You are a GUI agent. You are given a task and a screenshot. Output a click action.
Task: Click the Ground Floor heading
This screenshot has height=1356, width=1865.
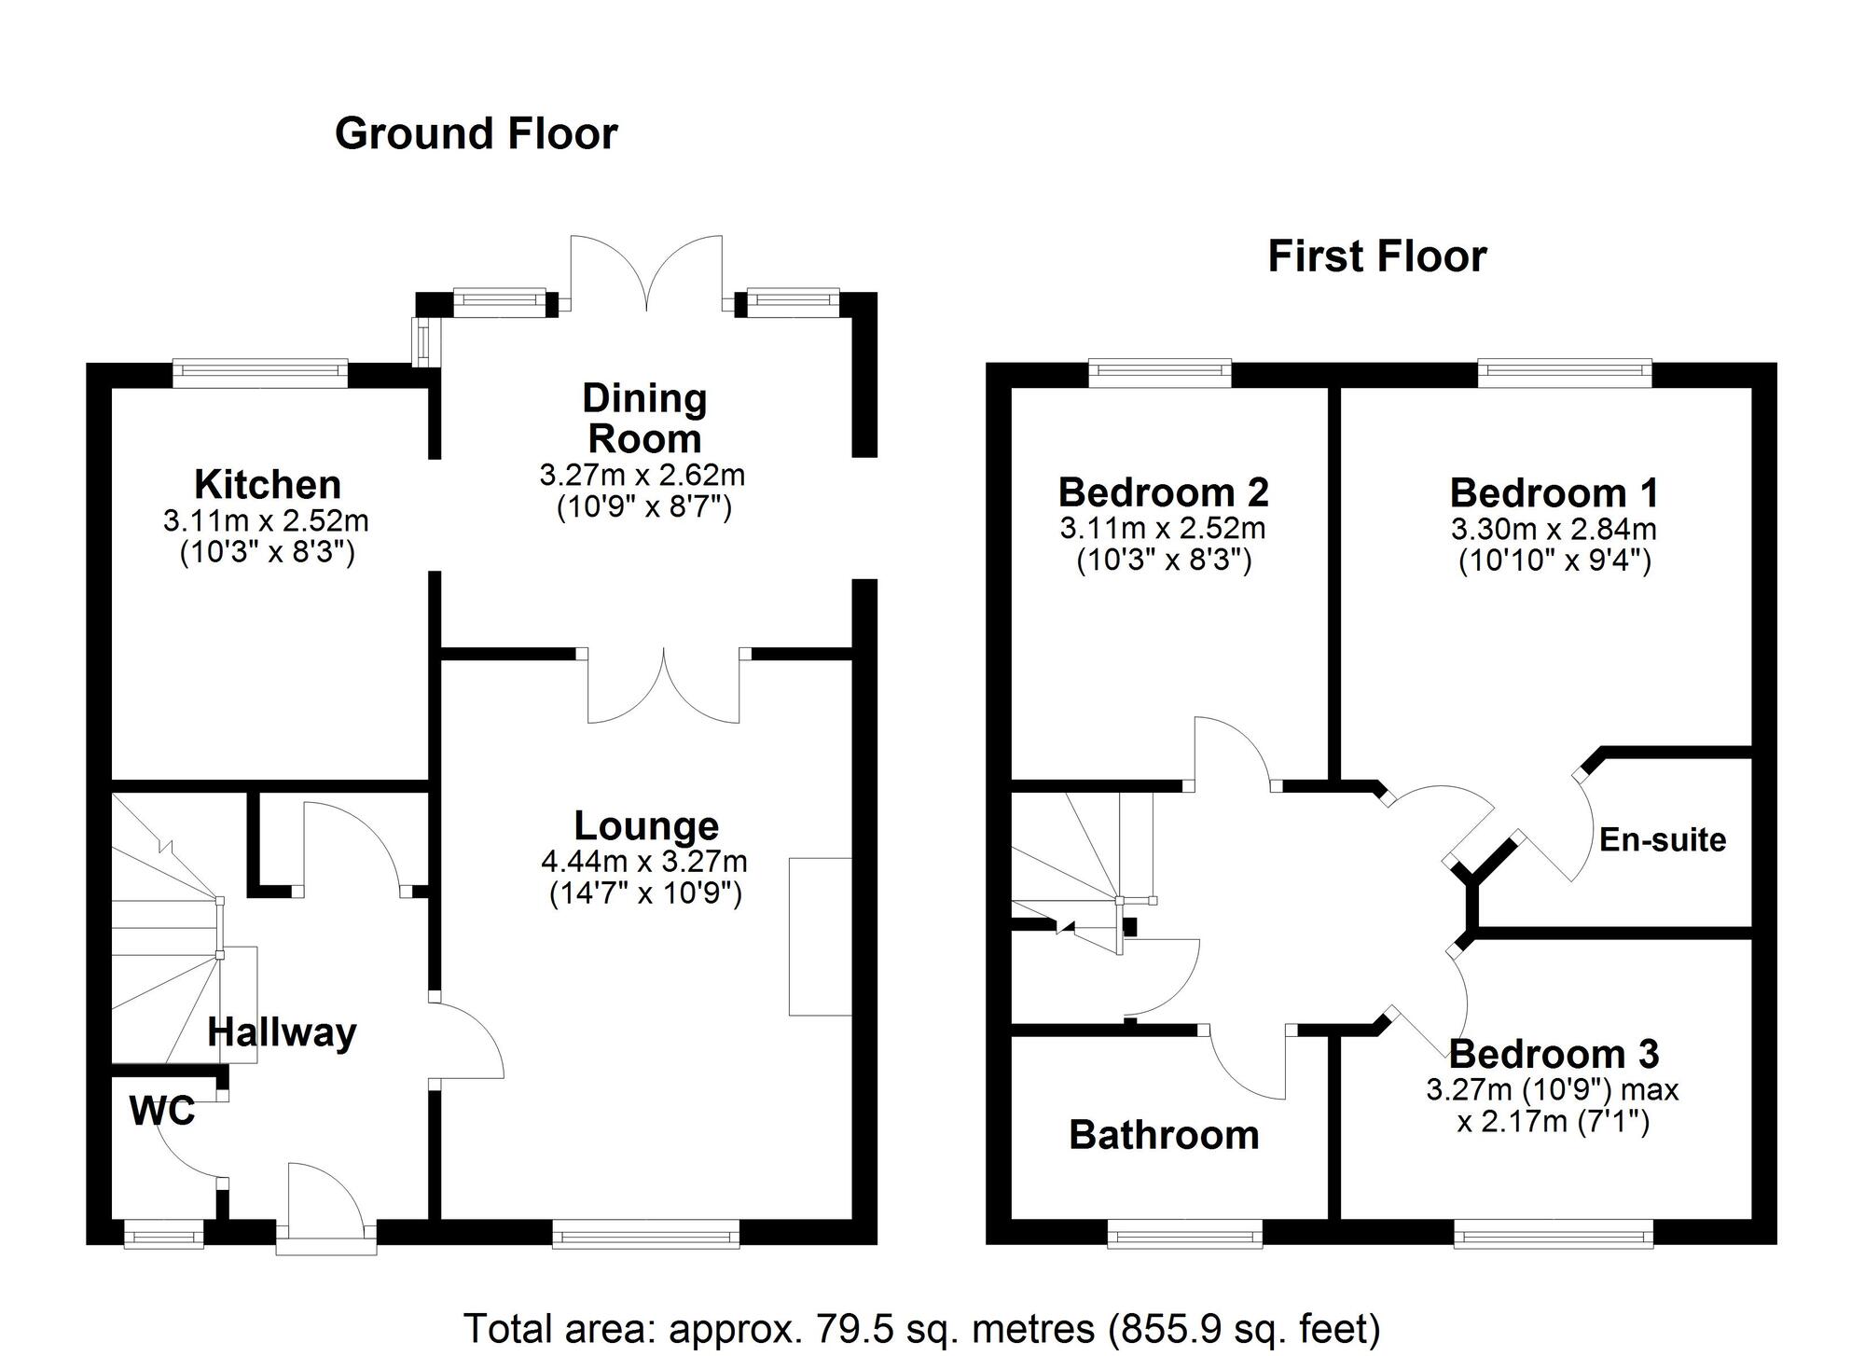476,133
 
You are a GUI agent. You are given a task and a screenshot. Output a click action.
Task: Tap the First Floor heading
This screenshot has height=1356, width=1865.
1376,256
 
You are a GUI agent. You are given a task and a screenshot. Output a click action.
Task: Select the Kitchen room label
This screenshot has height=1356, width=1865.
268,485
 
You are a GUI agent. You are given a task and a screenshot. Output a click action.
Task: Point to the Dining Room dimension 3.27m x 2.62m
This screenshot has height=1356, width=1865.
642,476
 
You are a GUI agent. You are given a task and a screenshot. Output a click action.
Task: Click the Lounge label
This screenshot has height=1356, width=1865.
646,826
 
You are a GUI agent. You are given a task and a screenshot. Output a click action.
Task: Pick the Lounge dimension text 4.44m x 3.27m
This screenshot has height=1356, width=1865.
644,862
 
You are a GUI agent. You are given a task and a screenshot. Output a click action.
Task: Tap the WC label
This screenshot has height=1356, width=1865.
162,1111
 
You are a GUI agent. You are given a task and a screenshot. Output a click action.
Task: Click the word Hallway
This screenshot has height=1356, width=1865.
282,1033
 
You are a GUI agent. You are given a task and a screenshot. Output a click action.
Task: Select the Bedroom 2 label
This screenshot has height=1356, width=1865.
1164,491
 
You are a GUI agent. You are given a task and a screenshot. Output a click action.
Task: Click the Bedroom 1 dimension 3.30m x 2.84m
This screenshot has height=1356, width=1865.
1554,530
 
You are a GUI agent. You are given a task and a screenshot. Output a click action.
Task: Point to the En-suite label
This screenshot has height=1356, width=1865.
1663,840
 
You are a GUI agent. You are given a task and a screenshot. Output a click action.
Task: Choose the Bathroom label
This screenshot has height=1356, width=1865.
1164,1135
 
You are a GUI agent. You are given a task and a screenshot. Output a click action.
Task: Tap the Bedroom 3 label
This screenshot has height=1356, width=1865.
1554,1054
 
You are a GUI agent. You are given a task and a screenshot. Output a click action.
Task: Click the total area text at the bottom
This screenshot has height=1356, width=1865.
921,1328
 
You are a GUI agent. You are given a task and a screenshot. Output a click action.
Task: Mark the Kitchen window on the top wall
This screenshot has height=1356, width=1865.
260,374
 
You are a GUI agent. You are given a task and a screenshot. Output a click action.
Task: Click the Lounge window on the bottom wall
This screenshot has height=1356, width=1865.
646,1233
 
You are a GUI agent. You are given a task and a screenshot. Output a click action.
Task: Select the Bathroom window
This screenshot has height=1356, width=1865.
1185,1233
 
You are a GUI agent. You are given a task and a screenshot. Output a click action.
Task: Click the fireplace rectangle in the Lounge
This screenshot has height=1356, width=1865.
821,936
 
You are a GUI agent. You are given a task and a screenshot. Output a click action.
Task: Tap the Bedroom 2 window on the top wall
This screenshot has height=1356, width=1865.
1160,374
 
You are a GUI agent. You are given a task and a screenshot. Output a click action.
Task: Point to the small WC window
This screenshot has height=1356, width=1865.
164,1233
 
